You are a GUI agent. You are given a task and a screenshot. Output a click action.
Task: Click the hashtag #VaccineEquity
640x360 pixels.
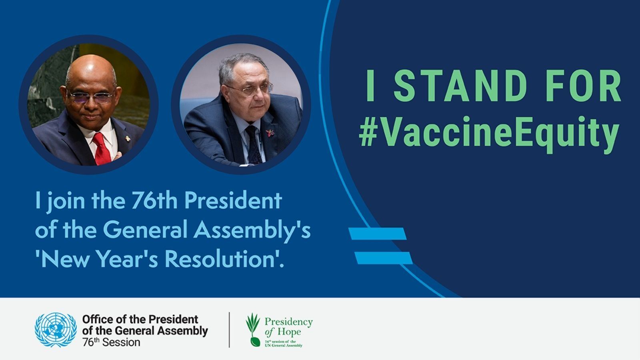click(x=489, y=134)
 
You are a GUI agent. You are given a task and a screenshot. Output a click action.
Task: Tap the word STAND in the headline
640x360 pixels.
click(x=460, y=86)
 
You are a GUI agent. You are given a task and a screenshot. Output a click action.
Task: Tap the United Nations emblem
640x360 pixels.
click(x=56, y=330)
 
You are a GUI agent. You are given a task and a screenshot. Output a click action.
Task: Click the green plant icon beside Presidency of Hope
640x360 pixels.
click(x=253, y=330)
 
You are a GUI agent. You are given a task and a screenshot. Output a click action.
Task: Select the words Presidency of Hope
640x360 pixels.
click(x=288, y=327)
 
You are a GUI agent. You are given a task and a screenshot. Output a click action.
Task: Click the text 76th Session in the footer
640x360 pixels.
click(x=111, y=342)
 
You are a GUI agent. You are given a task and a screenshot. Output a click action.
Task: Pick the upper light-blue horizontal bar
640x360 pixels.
click(x=378, y=234)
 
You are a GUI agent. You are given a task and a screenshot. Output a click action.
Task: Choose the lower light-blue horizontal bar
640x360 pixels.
click(x=384, y=258)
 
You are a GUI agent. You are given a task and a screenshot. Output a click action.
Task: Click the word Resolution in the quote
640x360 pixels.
click(x=220, y=260)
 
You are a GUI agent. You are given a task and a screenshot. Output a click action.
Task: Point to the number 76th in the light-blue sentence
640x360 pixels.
click(x=154, y=200)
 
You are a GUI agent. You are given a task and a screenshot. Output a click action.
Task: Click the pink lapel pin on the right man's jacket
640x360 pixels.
click(x=270, y=133)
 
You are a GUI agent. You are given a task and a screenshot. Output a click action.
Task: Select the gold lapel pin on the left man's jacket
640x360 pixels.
click(x=128, y=139)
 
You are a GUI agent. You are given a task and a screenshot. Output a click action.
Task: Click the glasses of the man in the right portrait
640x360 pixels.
click(x=249, y=90)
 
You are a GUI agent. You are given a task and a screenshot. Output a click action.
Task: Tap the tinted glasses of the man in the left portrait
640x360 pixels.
click(x=91, y=97)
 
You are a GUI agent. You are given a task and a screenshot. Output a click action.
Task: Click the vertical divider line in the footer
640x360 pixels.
click(x=229, y=330)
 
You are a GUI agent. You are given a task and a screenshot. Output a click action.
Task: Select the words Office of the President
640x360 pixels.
click(x=140, y=320)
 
